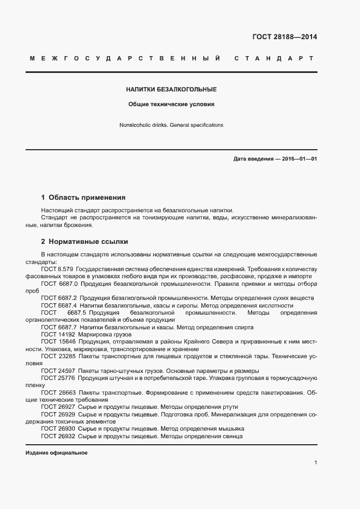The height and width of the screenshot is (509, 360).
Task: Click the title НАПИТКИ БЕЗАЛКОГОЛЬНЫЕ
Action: coord(172,89)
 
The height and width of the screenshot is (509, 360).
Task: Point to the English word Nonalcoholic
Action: coord(136,125)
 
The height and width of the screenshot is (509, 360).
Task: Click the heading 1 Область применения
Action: coord(83,197)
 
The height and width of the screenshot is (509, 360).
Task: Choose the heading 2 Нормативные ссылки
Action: coord(84,241)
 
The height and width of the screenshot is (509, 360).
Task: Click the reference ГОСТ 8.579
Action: coord(57,269)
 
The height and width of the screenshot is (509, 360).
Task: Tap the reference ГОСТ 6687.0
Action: coord(59,284)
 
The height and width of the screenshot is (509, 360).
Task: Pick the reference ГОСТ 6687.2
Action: coord(59,298)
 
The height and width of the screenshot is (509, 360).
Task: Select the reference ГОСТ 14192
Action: coord(58,334)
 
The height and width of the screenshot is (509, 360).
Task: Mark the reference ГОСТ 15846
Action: coord(58,341)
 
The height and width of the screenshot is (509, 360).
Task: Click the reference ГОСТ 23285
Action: coord(58,356)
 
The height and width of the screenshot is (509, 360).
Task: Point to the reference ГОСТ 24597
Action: coord(58,371)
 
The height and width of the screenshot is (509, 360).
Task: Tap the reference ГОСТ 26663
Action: coord(58,393)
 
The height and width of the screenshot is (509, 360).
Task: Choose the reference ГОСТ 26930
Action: coord(58,429)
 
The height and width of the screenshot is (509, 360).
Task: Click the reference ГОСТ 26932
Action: coord(58,436)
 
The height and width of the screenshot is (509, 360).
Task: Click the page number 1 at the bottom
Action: coord(315,462)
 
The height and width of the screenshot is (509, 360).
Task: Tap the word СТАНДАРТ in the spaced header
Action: coord(273,58)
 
